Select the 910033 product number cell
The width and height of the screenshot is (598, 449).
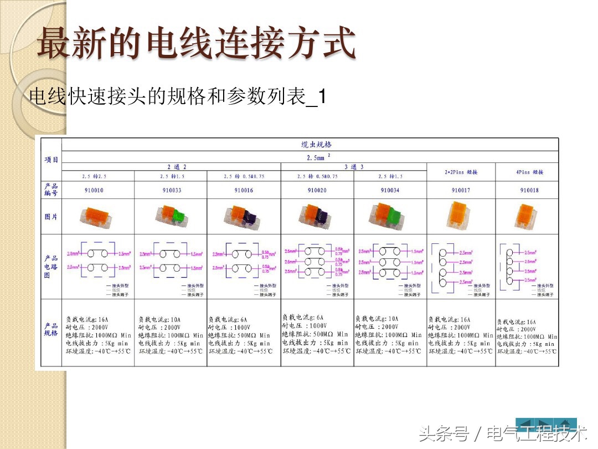171,191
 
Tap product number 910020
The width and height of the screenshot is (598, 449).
317,191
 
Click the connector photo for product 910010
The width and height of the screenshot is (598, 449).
97,217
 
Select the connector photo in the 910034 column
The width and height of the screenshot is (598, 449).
389,216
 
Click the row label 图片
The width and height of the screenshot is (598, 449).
51,217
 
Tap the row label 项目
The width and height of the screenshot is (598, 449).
51,160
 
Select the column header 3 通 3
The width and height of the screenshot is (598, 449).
354,167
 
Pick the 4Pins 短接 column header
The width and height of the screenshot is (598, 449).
529,172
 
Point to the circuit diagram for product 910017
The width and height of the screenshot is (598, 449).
459,266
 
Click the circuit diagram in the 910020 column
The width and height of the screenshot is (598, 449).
317,264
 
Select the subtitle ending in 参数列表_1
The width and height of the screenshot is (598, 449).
177,98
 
